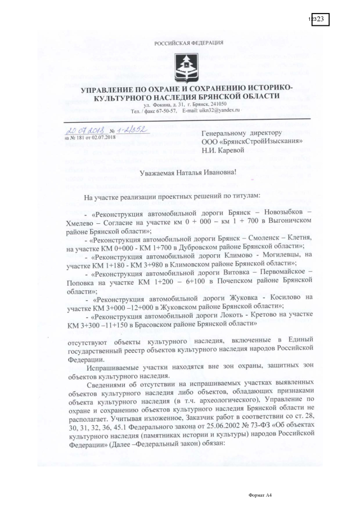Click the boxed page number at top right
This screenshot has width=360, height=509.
(x=318, y=19)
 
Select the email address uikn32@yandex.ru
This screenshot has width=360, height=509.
(x=218, y=110)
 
